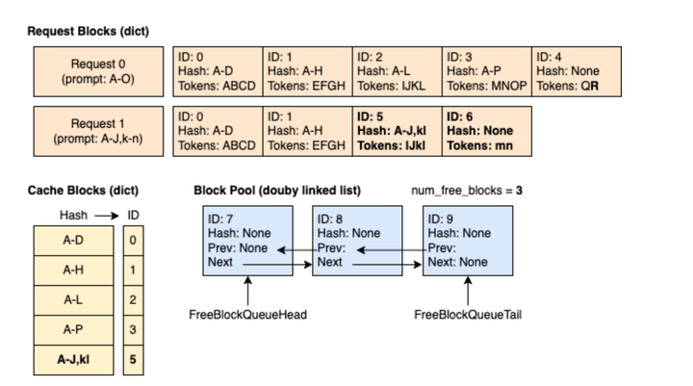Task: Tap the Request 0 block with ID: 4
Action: click(x=577, y=72)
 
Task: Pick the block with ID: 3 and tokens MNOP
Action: click(x=487, y=72)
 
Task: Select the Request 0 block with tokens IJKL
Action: click(x=397, y=72)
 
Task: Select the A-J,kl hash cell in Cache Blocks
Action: click(x=73, y=360)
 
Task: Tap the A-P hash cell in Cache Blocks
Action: click(x=73, y=330)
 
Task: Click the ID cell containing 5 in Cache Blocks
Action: click(x=133, y=360)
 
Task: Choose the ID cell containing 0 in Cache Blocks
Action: click(x=133, y=240)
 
